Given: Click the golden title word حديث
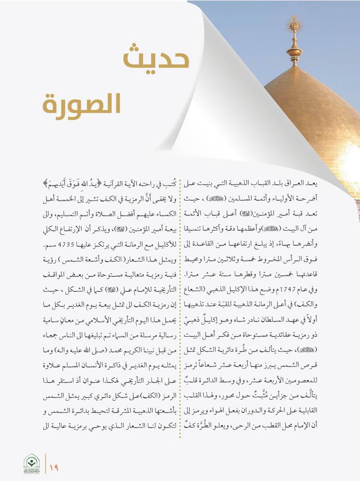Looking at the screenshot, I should [156, 60].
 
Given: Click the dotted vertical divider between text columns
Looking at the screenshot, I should [181, 305].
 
